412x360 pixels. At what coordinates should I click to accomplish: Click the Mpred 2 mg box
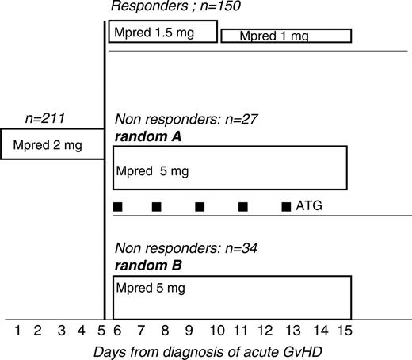tap(52, 144)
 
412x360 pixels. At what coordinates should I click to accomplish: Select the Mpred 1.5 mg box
tap(163, 32)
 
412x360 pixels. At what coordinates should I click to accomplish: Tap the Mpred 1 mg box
tap(285, 36)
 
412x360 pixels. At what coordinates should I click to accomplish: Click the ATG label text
tap(308, 206)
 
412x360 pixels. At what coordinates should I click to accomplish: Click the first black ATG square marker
tap(117, 207)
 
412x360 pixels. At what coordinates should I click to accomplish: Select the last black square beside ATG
tap(286, 207)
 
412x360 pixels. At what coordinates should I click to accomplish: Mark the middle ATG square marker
tap(200, 207)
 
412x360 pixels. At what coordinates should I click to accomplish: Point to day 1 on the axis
tap(17, 330)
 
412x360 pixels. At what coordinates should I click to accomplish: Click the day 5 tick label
tap(101, 330)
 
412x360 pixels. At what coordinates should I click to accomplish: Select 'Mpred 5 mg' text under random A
tap(152, 170)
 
